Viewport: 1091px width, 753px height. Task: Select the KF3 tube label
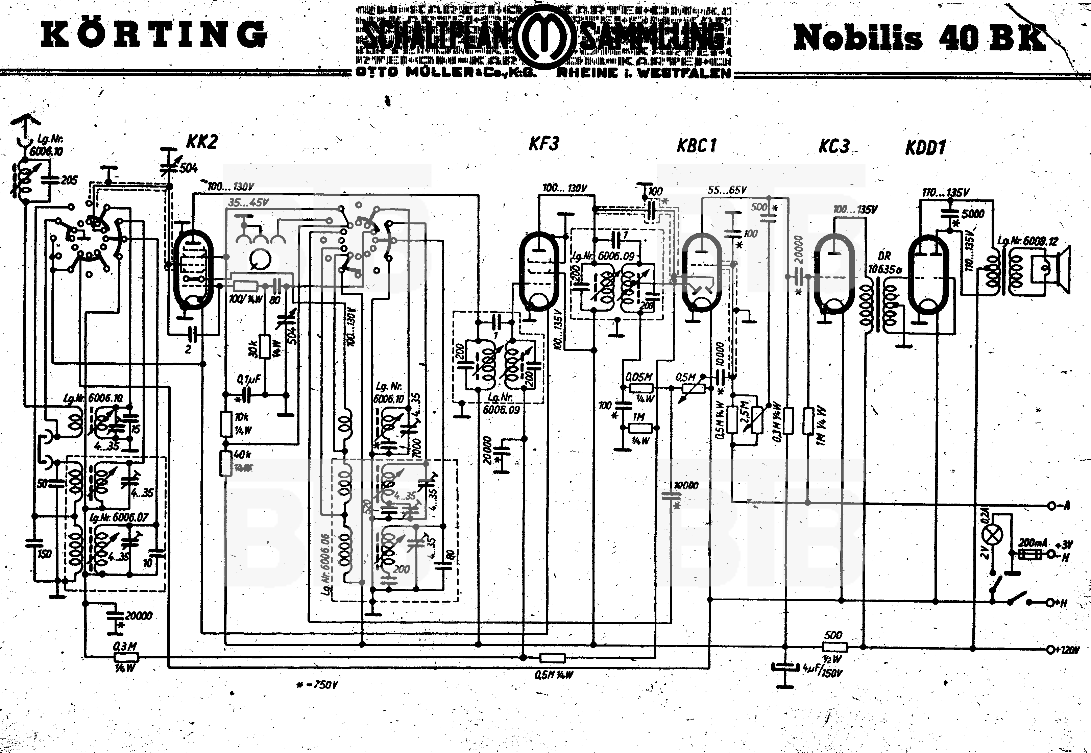click(544, 143)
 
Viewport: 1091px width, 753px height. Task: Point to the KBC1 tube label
click(696, 145)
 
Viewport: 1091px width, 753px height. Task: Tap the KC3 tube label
click(833, 146)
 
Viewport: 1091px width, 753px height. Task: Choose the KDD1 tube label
click(925, 148)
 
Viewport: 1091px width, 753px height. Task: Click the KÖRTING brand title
click(154, 35)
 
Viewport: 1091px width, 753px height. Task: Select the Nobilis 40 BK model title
click(919, 38)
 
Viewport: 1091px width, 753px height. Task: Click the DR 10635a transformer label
click(884, 263)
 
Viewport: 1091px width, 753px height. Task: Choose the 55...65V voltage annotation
click(727, 190)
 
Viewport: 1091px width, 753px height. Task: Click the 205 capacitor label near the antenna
click(69, 180)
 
